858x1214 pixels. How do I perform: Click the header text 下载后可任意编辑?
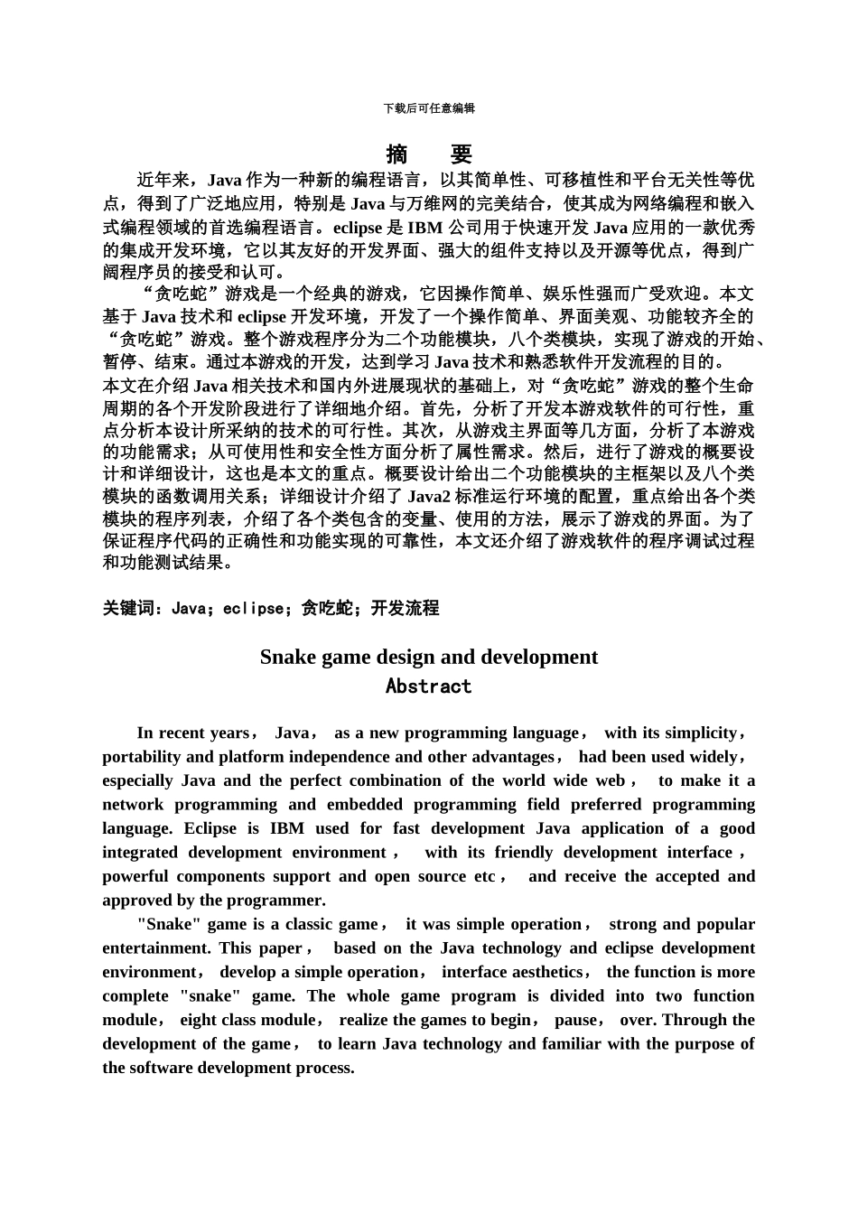pos(429,108)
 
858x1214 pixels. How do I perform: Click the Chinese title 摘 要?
pos(429,154)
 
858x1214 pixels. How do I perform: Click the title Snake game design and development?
pos(429,657)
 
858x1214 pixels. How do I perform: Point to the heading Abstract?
pos(429,686)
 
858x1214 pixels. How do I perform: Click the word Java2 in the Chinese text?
pos(434,496)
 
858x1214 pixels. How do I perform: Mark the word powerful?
pos(135,876)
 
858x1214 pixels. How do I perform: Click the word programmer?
pos(279,900)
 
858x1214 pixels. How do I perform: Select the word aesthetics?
pos(547,972)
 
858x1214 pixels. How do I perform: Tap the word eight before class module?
pos(198,1020)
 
